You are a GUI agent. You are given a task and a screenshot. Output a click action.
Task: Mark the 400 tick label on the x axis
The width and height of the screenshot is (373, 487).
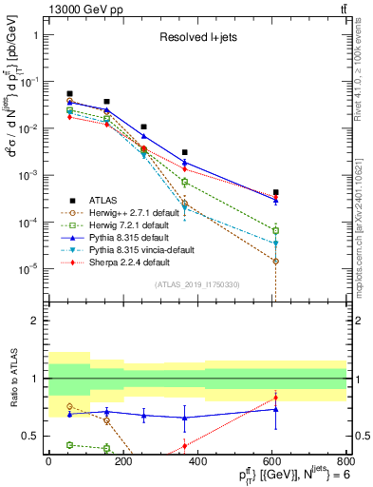[x=196, y=459]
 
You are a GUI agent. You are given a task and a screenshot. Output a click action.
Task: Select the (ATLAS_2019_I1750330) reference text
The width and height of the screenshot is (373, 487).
[x=197, y=283]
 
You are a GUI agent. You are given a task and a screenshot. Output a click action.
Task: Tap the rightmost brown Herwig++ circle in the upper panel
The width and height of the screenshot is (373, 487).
[x=275, y=261]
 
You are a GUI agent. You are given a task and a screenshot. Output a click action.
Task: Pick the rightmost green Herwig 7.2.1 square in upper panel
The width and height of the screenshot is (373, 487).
[x=275, y=230]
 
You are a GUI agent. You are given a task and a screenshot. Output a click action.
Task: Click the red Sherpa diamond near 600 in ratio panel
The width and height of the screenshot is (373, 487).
[x=275, y=398]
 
